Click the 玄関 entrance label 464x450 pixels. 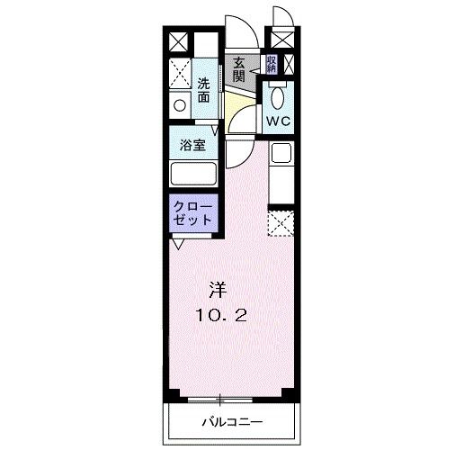point(239,68)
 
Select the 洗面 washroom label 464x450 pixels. point(206,88)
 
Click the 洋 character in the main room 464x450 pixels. point(217,290)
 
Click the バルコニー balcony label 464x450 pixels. point(230,421)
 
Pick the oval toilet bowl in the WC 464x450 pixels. point(276,96)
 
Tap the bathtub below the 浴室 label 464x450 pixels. point(192,175)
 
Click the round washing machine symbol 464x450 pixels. point(180,105)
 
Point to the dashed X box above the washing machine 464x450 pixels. point(181,72)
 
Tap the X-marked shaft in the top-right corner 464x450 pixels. point(281,41)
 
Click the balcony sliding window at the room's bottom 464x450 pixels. point(230,397)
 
